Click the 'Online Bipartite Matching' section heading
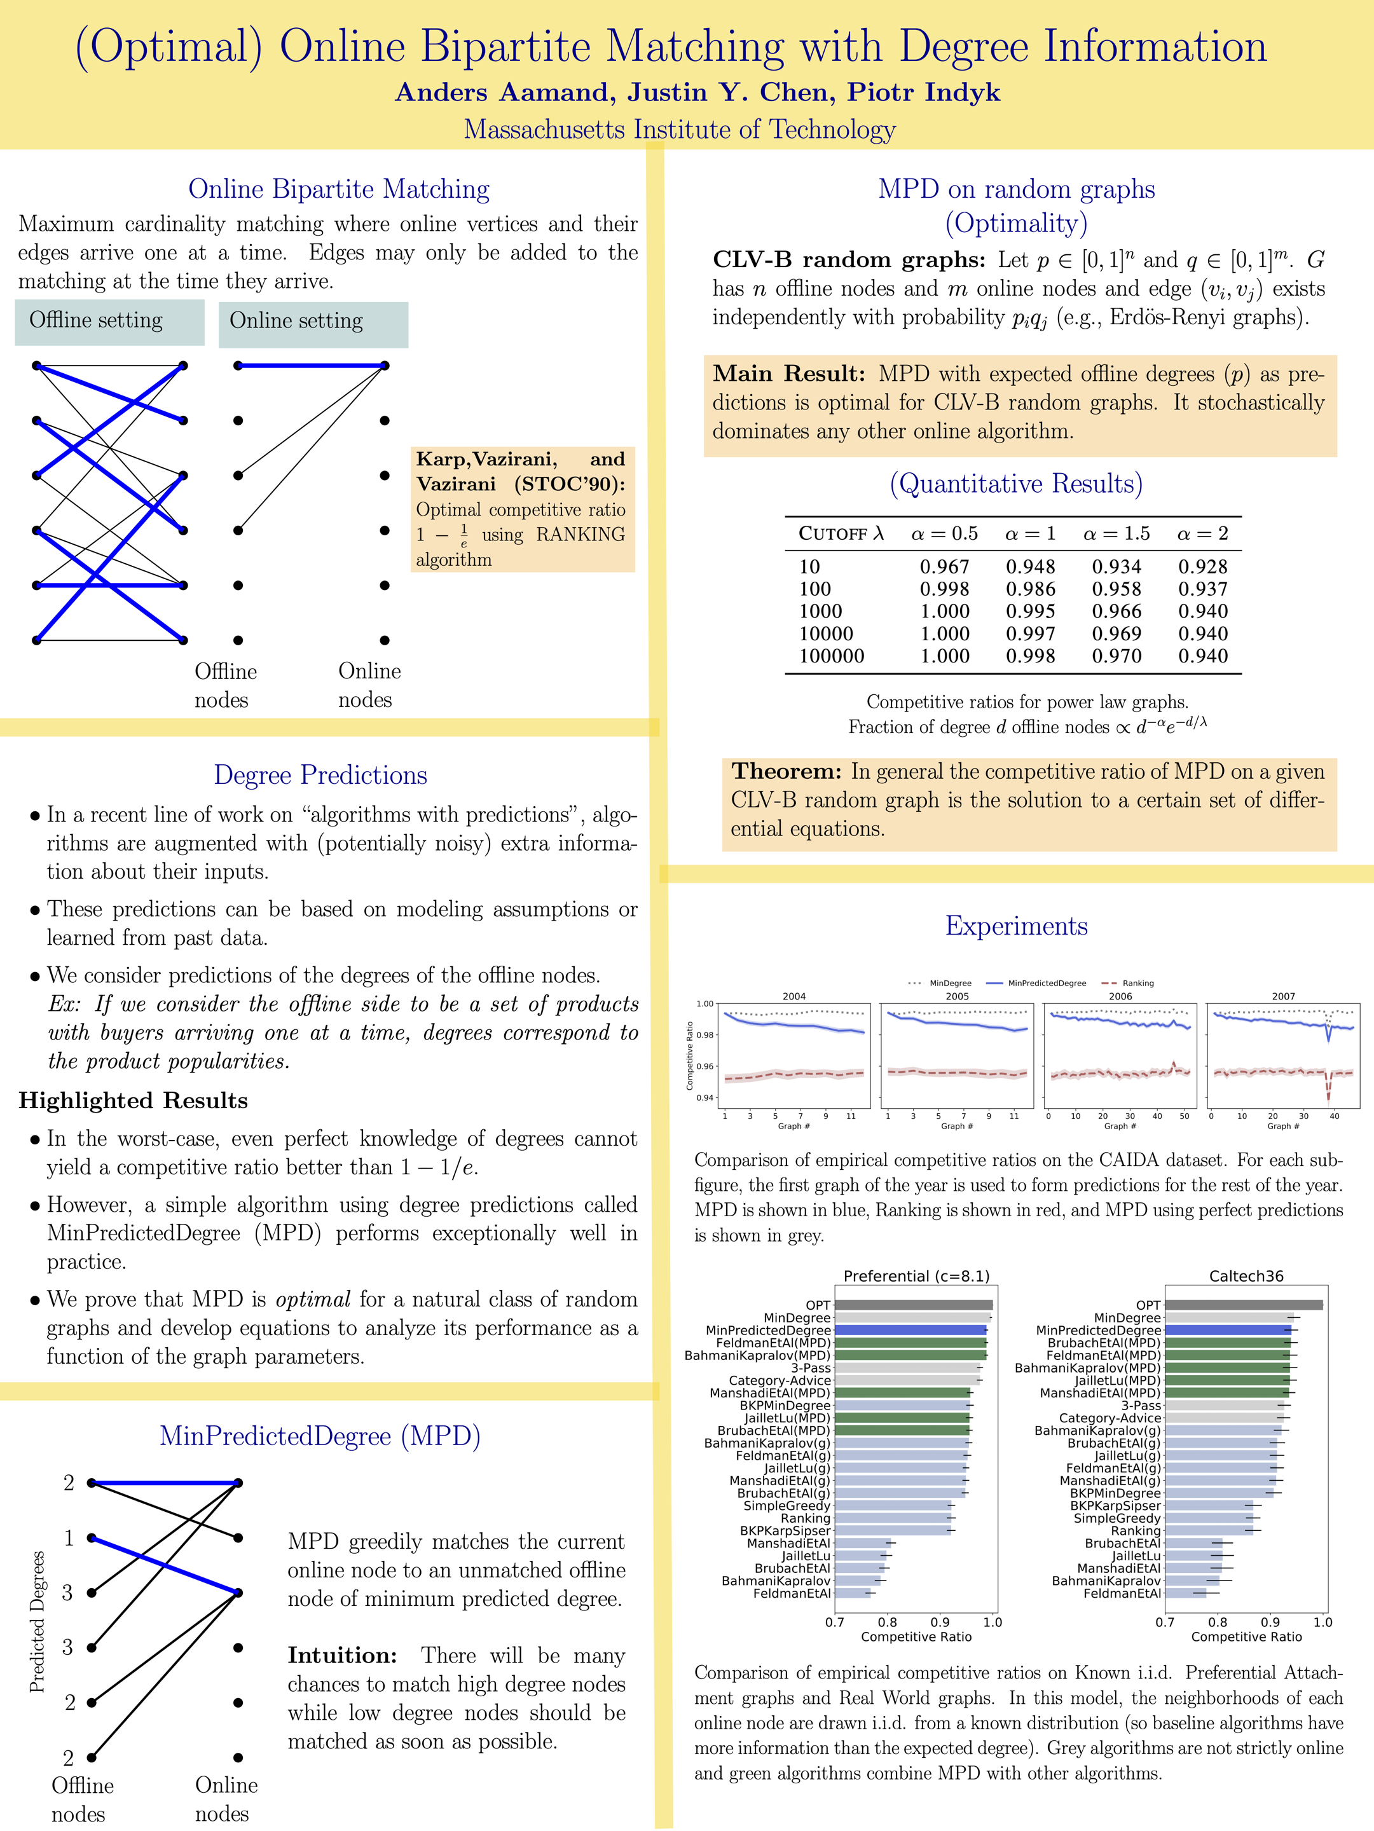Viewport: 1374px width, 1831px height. click(x=338, y=189)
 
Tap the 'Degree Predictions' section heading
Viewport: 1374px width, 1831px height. click(x=320, y=775)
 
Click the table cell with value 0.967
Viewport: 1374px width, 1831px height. click(x=944, y=567)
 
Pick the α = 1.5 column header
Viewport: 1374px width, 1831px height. click(x=1116, y=534)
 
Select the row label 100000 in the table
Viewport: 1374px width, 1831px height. click(x=831, y=656)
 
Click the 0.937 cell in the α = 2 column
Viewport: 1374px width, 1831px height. click(x=1203, y=589)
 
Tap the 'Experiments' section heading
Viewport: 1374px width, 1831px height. click(x=1017, y=926)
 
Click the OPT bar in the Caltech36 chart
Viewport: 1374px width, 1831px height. click(x=1243, y=1305)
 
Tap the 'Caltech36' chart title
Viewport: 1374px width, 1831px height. click(x=1246, y=1277)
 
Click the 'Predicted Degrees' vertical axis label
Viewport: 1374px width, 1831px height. click(x=38, y=1622)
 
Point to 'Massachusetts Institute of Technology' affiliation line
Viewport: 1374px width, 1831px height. click(x=680, y=129)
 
